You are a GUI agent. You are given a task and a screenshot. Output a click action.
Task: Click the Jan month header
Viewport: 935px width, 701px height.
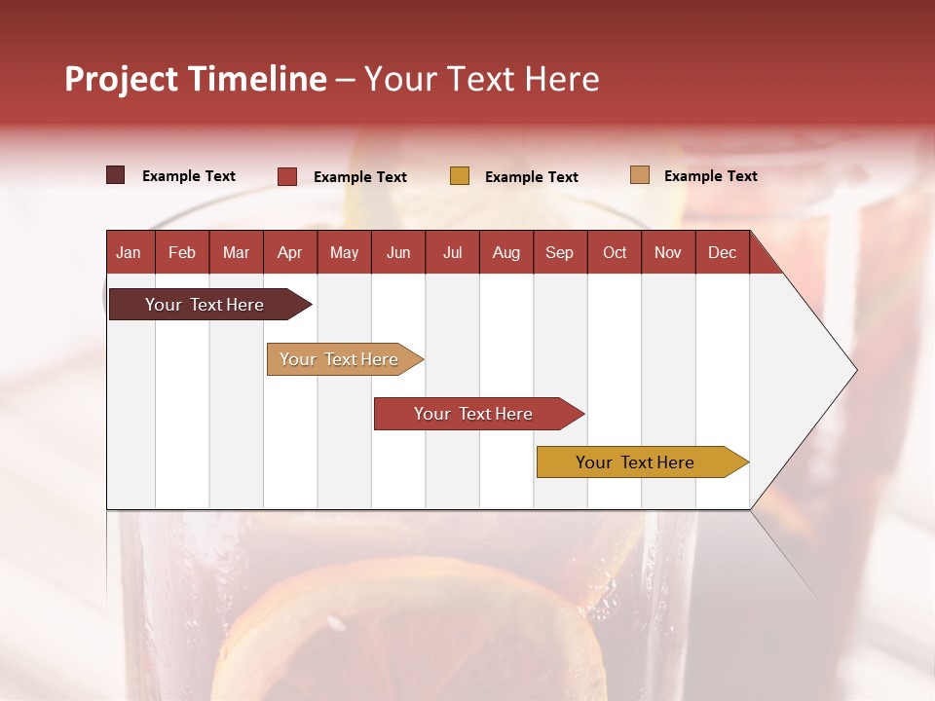click(x=130, y=252)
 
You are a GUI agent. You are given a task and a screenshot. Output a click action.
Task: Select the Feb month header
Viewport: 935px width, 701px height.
click(x=182, y=252)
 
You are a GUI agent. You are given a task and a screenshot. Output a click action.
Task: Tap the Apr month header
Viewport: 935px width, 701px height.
click(x=290, y=252)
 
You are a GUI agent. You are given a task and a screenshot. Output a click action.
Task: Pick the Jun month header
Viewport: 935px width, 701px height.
click(x=398, y=252)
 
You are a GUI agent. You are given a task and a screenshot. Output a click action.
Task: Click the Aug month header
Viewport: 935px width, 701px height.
click(x=506, y=252)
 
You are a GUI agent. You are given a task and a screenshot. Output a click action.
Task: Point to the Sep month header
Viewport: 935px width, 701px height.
click(x=560, y=252)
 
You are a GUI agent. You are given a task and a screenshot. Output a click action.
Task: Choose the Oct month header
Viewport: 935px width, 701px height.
click(x=615, y=252)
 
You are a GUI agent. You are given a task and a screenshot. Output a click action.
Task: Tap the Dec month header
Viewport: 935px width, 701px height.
click(x=723, y=252)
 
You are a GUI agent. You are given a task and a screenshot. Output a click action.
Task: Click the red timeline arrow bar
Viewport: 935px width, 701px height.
click(x=474, y=414)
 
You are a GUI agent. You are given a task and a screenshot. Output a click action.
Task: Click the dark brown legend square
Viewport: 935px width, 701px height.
click(x=116, y=175)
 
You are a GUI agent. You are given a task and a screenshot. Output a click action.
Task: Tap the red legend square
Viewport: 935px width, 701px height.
click(x=287, y=176)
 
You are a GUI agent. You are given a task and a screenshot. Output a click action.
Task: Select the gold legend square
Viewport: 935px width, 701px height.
click(x=460, y=176)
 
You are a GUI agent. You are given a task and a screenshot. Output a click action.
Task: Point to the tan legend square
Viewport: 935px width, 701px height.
click(x=640, y=175)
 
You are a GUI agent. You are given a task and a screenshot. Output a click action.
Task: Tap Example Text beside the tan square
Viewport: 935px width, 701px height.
click(x=710, y=176)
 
